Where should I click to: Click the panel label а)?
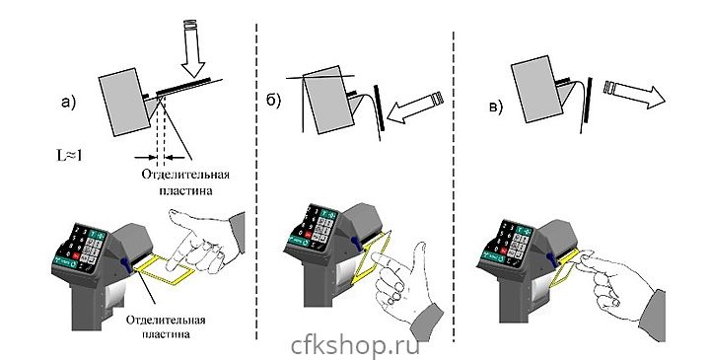68,103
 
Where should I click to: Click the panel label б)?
273,101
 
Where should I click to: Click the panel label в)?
495,108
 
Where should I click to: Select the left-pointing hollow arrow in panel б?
416,108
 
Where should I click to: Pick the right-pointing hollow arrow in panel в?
634,94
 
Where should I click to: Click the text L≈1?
69,155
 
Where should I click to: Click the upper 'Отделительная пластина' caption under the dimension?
185,182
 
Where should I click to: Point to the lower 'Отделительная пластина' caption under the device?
166,326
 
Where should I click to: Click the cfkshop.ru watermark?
355,346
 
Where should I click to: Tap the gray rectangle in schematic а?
124,102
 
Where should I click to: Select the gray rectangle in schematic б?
327,100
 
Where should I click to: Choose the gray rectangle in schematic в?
537,89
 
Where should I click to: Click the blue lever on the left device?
126,265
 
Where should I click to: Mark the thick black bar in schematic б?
379,108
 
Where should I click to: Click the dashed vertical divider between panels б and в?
454,185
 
